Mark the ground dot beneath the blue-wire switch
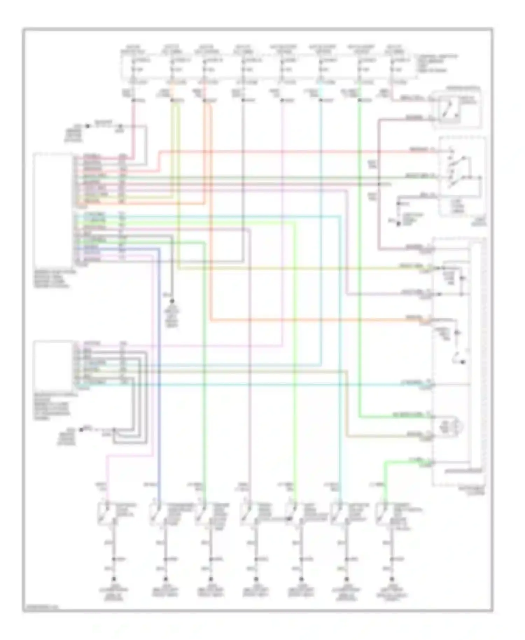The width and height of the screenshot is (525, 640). (x=166, y=579)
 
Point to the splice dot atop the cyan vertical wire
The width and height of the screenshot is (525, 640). (x=320, y=100)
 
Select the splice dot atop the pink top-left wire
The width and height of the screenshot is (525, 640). (x=133, y=100)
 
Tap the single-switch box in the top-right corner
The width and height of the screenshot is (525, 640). (x=456, y=109)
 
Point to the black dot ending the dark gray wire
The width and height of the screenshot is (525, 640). (x=172, y=301)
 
